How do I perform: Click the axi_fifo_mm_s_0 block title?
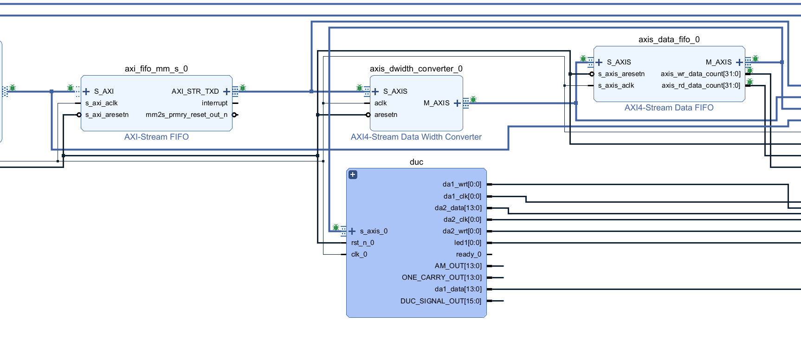156,69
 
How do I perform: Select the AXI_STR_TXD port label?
195,91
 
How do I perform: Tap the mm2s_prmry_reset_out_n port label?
187,115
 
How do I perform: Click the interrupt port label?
214,103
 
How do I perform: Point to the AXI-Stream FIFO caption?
156,137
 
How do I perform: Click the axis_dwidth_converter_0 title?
416,69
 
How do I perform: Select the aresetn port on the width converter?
386,115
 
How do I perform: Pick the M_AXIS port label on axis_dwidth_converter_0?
436,103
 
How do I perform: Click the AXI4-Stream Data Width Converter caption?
416,137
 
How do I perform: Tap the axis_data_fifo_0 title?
669,39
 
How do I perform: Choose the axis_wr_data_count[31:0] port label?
700,74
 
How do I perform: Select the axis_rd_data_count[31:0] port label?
701,85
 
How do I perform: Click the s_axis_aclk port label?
616,85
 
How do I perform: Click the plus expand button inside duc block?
353,175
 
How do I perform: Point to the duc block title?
416,162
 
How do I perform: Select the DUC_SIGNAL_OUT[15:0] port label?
441,301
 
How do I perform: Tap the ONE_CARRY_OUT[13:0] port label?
442,277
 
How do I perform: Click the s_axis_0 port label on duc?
374,231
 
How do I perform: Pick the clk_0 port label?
359,254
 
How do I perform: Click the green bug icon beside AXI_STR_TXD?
242,88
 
